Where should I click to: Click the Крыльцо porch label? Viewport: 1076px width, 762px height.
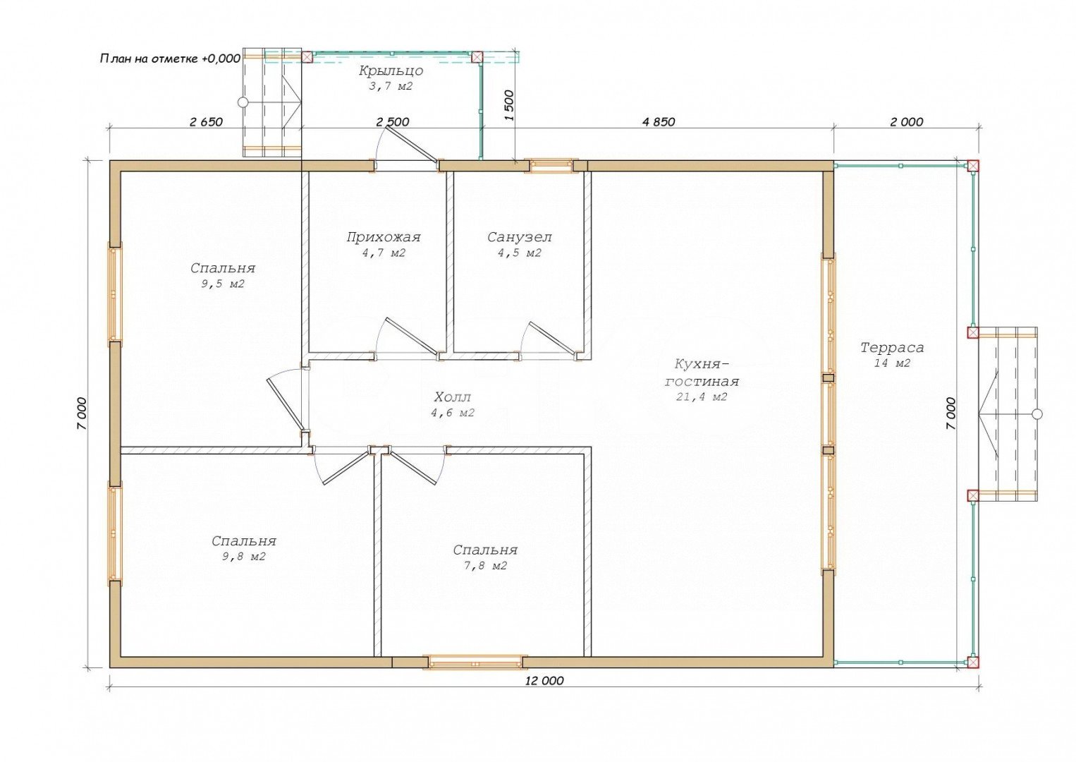[x=391, y=71]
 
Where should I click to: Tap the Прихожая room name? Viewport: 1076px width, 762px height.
[x=384, y=237]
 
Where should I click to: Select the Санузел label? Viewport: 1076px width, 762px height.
[x=519, y=237]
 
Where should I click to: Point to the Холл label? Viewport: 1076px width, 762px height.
[x=452, y=397]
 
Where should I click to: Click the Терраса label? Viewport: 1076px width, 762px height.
[x=892, y=348]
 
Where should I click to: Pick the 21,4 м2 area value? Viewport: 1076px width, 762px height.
[x=702, y=397]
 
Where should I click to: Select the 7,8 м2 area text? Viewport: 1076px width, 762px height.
[x=485, y=566]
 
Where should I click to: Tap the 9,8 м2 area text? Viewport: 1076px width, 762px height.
[x=243, y=557]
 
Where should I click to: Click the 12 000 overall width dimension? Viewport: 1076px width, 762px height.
[x=544, y=681]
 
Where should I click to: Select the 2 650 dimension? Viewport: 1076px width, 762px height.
[x=206, y=122]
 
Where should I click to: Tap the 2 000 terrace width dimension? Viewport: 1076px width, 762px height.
[x=907, y=122]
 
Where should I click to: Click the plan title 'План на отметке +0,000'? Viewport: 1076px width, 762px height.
[x=170, y=59]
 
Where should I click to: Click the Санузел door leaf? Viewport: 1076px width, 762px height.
[x=551, y=339]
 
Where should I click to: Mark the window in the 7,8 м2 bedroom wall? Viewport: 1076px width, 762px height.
[x=475, y=662]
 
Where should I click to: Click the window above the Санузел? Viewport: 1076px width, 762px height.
[x=551, y=166]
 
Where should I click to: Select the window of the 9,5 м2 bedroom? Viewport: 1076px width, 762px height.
[x=114, y=294]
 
